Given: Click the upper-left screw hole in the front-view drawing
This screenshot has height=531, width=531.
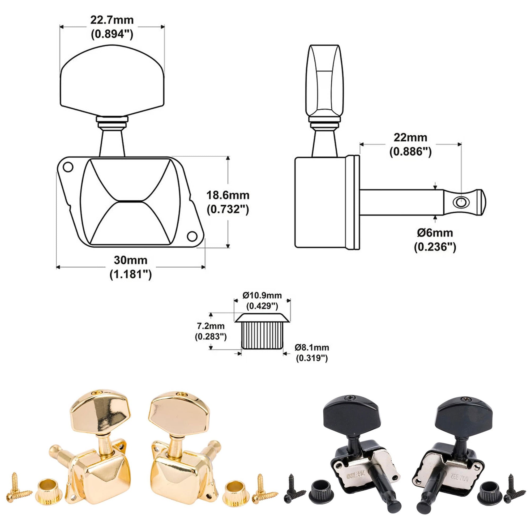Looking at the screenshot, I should (x=68, y=166).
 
